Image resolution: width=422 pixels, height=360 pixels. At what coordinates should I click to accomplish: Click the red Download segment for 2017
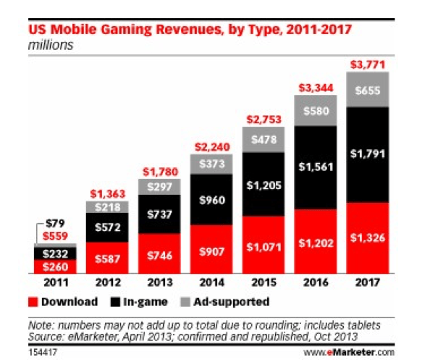click(368, 238)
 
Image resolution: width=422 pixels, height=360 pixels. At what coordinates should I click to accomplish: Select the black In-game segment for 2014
click(211, 199)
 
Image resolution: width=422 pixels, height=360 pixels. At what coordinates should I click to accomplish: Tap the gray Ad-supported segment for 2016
click(316, 110)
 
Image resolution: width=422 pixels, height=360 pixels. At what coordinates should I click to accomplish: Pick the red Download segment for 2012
click(107, 258)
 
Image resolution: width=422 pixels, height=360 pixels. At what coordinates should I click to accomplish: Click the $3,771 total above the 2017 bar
click(368, 64)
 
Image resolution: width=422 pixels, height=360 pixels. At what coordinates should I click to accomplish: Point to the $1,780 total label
click(161, 172)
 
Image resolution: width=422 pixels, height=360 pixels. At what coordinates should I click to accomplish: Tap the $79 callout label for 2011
click(55, 223)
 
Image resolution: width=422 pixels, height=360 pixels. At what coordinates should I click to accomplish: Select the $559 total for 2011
click(55, 236)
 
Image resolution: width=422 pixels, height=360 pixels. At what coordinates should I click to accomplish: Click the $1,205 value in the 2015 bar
click(263, 185)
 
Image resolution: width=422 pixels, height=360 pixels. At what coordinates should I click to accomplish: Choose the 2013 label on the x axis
click(160, 282)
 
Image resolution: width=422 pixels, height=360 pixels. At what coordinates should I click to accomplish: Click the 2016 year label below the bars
click(316, 282)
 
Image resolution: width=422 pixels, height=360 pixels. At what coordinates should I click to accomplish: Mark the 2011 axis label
click(56, 282)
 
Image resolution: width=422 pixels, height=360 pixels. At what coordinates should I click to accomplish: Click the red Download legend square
click(33, 302)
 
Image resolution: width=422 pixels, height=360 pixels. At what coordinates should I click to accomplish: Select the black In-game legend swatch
click(115, 302)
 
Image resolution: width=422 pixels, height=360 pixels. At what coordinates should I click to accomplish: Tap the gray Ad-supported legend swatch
click(185, 302)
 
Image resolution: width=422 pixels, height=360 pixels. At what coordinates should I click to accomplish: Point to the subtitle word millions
click(51, 45)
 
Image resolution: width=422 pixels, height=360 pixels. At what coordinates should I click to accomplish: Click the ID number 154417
click(43, 352)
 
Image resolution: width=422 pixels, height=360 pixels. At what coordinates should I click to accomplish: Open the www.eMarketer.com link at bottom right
click(349, 352)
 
